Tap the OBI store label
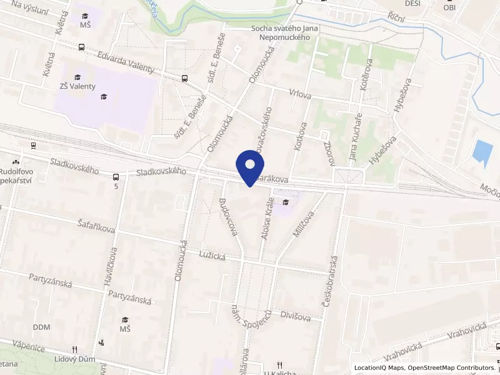pyautogui.click(x=449, y=7)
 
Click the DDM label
pyautogui.click(x=41, y=327)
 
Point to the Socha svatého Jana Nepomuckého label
pyautogui.click(x=281, y=32)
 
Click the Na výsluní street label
pyautogui.click(x=26, y=9)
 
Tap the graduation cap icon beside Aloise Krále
pyautogui.click(x=286, y=201)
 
